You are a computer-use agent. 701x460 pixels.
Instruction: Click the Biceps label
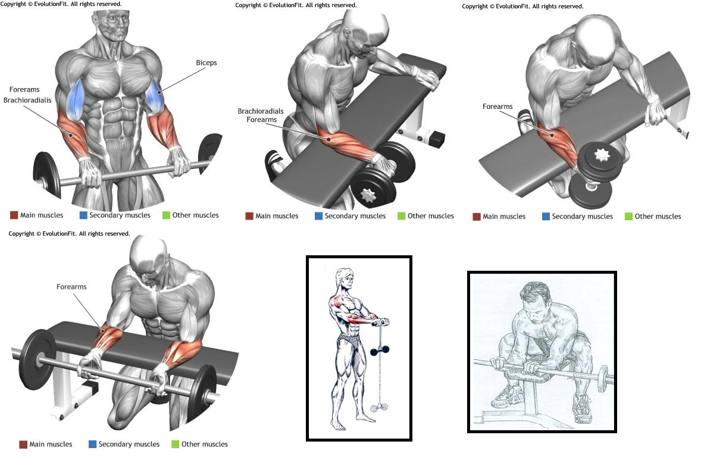point(206,63)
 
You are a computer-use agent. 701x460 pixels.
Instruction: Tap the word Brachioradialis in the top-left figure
point(27,100)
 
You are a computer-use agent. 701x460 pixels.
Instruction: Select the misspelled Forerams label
point(24,89)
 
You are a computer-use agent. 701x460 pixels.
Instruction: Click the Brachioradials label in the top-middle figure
point(260,111)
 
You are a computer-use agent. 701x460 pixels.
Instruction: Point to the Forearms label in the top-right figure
point(497,107)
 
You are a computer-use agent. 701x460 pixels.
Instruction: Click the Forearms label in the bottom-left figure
point(71,287)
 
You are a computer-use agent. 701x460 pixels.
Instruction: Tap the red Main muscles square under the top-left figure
point(14,215)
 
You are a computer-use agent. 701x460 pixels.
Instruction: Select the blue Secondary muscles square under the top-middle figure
point(318,216)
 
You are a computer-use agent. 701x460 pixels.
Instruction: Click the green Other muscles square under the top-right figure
point(628,217)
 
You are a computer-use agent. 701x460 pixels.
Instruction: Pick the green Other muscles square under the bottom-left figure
point(175,444)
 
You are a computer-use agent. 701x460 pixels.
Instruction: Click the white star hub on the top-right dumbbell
point(602,155)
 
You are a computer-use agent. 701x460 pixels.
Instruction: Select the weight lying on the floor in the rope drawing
point(380,407)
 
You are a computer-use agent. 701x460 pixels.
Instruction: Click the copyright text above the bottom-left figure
point(69,234)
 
